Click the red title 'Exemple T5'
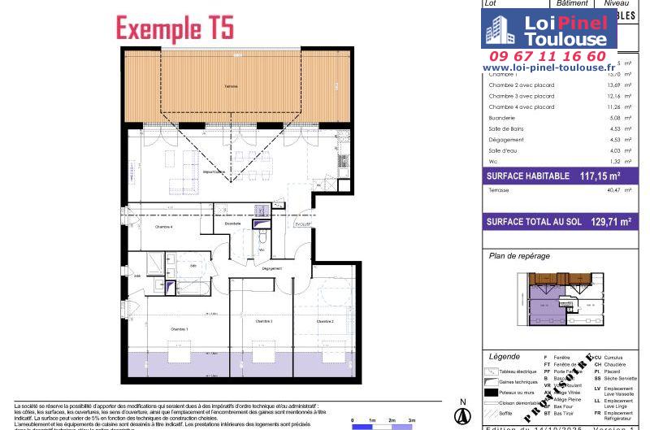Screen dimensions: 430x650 [x=175, y=28]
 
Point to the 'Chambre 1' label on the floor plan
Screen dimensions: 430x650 [x=178, y=328]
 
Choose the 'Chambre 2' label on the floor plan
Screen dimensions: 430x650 [x=325, y=322]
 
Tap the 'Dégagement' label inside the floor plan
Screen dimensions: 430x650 [x=272, y=268]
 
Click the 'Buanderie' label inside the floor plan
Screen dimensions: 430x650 [x=232, y=223]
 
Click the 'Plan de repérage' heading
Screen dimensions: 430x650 [x=519, y=256]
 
